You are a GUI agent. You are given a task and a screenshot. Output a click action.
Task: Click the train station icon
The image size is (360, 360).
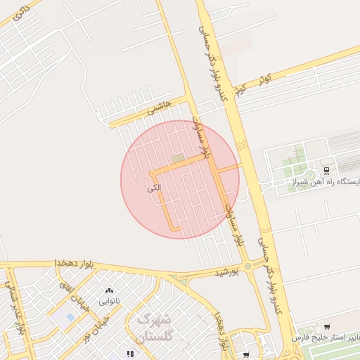pyautogui.click(x=326, y=172)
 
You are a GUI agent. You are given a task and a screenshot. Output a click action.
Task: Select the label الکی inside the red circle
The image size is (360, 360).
pyautogui.click(x=155, y=188)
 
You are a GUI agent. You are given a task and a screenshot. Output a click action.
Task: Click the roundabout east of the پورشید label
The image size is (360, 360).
pyautogui.click(x=247, y=266)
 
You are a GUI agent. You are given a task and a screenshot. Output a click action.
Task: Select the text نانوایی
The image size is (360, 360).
pyautogui.click(x=108, y=301)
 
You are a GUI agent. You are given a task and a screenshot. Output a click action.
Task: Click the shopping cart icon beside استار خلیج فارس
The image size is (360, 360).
pyautogui.click(x=327, y=326)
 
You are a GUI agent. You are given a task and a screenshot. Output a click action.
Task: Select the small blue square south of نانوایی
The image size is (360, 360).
pyautogui.click(x=71, y=316)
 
